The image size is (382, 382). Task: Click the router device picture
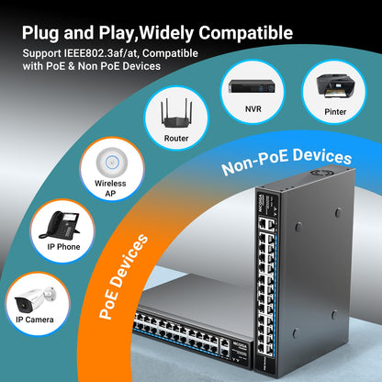tap(176, 113)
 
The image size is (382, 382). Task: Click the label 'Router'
tap(176, 138)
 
